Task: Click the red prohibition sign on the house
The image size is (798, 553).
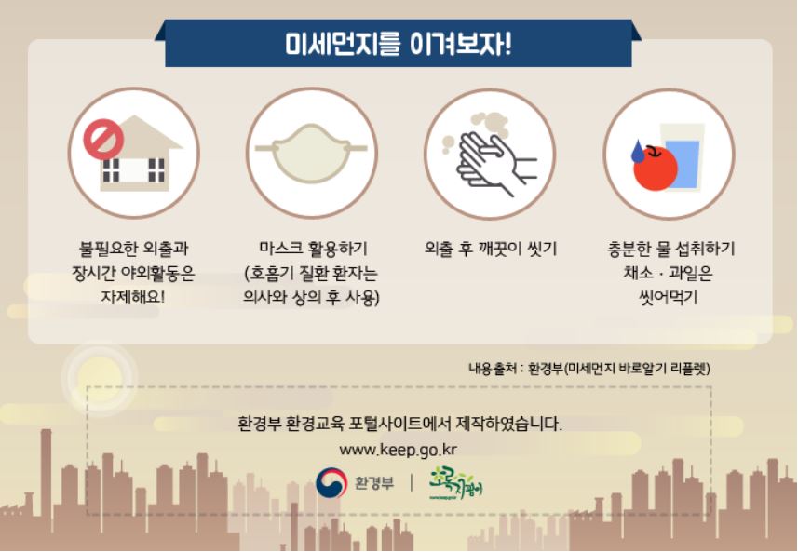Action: coord(103,139)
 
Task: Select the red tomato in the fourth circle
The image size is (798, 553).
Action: coord(656,168)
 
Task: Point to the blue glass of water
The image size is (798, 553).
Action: coord(682,157)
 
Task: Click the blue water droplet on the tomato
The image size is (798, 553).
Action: coord(638,151)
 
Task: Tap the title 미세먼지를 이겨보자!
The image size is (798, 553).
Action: coord(398,45)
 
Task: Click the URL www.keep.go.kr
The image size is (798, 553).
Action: coord(398,450)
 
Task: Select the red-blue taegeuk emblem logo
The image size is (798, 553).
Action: coord(331,483)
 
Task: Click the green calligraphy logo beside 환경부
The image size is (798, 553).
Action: coord(455,482)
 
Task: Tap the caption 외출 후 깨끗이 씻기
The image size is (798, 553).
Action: coord(491,249)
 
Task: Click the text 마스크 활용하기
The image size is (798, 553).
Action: coord(313,249)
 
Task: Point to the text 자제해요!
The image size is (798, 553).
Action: coord(133,297)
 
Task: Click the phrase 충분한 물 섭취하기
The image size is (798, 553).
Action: coord(671,249)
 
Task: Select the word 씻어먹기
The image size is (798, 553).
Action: coord(669,297)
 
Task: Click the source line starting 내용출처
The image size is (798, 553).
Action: coord(589,368)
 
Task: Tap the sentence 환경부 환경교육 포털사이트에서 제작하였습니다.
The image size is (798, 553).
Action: coord(400,424)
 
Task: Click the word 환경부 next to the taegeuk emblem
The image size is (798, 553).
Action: coord(374,482)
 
